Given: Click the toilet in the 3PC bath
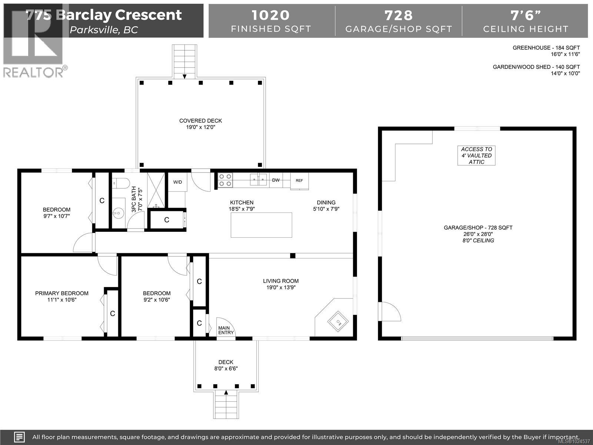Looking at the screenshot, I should tap(121, 182).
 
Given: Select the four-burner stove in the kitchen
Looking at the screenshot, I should tap(225, 180).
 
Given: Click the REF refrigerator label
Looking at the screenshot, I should tap(299, 181).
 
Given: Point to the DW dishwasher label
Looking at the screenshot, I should tap(276, 180).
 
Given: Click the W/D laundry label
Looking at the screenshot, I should tap(178, 182).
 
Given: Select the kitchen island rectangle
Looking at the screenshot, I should tap(261, 225).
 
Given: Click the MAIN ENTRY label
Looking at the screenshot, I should tap(226, 330).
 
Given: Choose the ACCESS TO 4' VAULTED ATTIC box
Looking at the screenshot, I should tap(476, 155).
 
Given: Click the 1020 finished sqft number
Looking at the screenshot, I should tap(271, 15).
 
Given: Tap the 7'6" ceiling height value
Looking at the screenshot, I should tap(525, 15).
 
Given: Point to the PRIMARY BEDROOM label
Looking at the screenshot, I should tap(62, 293).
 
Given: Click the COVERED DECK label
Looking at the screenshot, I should tap(201, 121).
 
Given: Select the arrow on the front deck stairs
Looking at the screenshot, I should tap(226, 392).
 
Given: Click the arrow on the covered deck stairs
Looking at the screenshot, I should tap(185, 76).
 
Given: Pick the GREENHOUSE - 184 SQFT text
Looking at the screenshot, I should tap(546, 48).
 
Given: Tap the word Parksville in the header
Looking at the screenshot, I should tap(93, 30).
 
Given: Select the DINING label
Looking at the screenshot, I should tap(326, 202).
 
